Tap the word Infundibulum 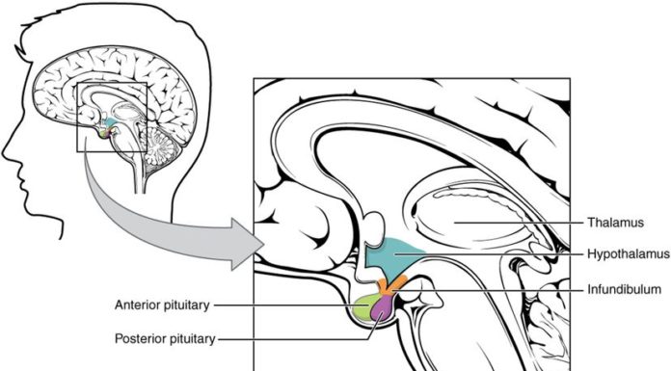click(625, 288)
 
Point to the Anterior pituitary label click(162, 306)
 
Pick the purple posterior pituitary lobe click(384, 307)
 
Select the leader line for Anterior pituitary click(289, 306)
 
